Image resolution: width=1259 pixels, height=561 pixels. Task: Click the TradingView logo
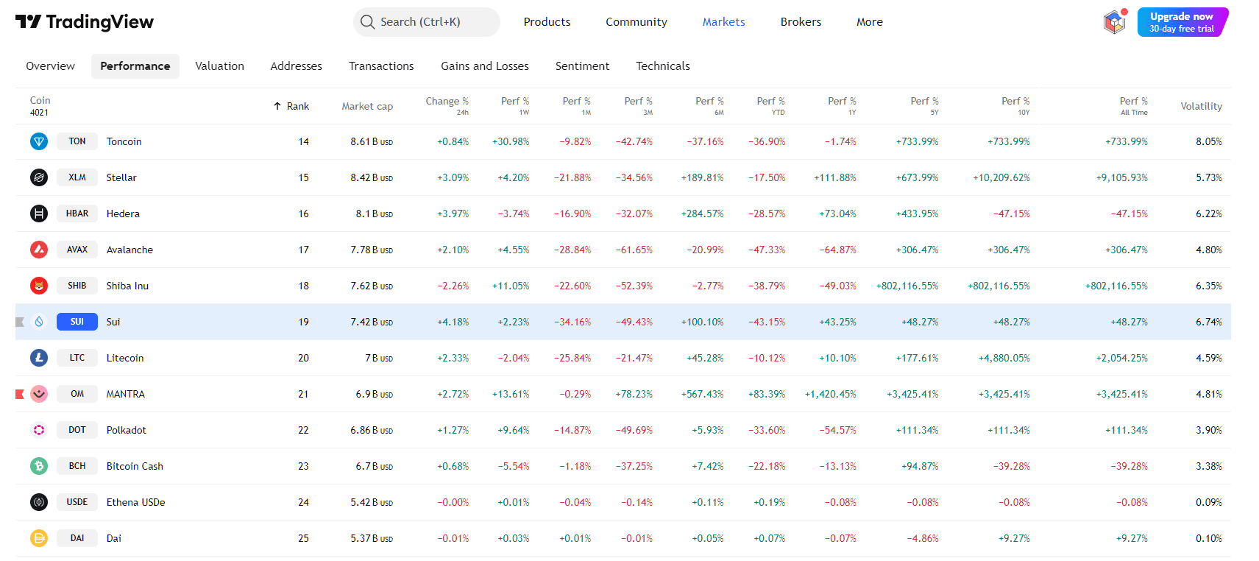tap(85, 22)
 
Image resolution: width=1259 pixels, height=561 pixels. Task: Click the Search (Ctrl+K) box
tap(426, 22)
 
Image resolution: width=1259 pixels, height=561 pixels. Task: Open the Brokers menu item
tap(801, 22)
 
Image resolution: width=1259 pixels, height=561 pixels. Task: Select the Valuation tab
tap(219, 66)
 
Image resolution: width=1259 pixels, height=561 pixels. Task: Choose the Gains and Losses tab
tap(484, 66)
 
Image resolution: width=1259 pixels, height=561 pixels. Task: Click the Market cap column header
tap(367, 107)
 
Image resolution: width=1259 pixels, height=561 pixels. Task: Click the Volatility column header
tap(1201, 107)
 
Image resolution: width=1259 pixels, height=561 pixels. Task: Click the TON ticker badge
tap(77, 141)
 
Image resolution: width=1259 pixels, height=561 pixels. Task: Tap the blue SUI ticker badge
tap(77, 322)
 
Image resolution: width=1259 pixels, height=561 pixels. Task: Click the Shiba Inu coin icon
tap(39, 286)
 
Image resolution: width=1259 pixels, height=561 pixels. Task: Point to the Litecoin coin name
tap(125, 358)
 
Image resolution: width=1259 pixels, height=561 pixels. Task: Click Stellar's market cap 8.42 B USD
tap(372, 177)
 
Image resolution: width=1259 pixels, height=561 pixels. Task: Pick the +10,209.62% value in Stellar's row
tap(1001, 177)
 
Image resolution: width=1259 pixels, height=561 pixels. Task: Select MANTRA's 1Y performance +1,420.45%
tap(830, 394)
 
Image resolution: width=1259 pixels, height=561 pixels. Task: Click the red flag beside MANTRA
tap(20, 394)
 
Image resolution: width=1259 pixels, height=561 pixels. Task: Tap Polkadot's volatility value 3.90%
tap(1208, 430)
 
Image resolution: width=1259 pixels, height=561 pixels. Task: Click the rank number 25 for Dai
tap(303, 538)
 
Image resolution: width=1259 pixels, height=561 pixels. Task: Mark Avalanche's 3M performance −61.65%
tap(634, 250)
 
